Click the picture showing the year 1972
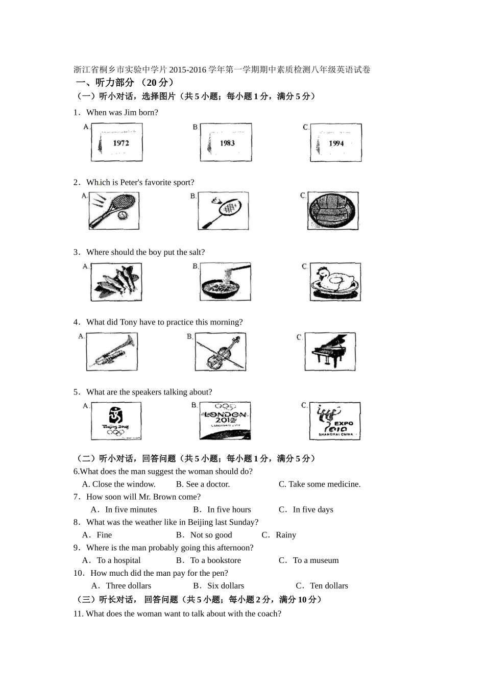click(x=116, y=142)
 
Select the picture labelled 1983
click(x=226, y=142)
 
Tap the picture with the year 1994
click(x=336, y=143)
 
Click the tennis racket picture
click(x=113, y=211)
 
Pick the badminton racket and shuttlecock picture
click(x=224, y=211)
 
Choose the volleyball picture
click(x=333, y=211)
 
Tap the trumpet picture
click(x=112, y=352)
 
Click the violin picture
click(x=220, y=352)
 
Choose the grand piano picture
click(x=330, y=352)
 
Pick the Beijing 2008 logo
click(x=116, y=422)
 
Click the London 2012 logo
click(x=225, y=421)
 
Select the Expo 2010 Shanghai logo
click(x=335, y=421)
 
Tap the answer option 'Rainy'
click(x=285, y=535)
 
